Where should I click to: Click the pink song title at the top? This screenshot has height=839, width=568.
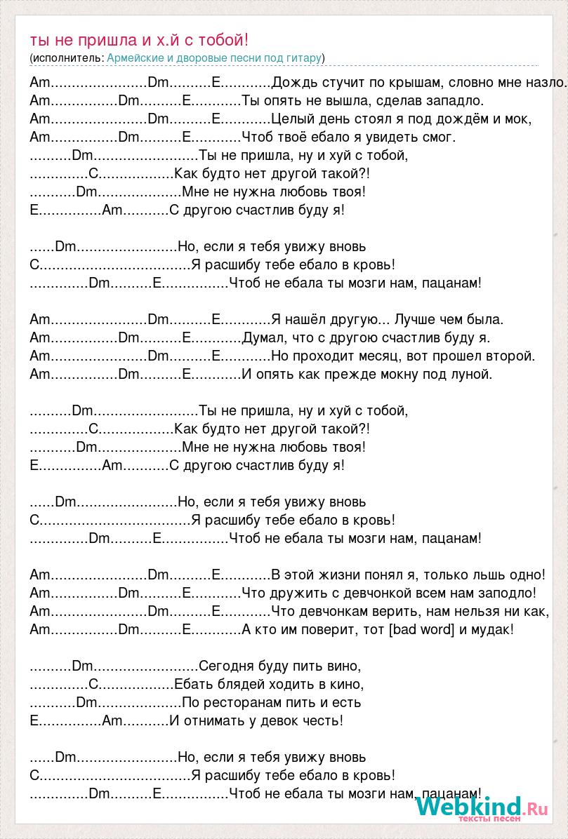139,41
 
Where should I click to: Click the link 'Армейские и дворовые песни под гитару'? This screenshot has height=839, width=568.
214,58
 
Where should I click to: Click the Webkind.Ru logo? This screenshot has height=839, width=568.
481,807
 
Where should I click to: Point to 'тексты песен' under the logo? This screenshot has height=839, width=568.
489,819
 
